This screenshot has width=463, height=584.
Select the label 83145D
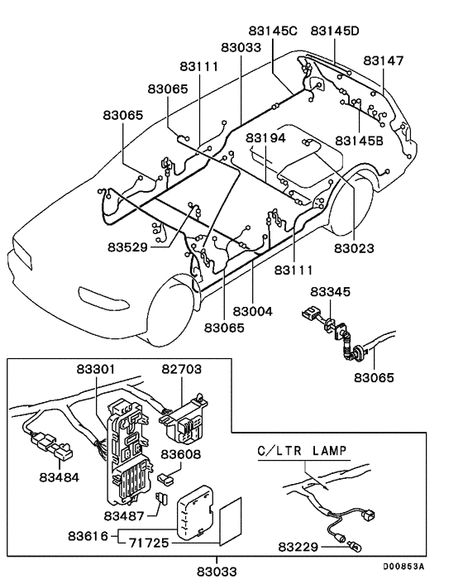[x=335, y=31]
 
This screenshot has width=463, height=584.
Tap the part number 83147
[x=384, y=61]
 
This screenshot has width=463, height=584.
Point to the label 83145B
[x=360, y=141]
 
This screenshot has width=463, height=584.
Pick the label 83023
[x=355, y=247]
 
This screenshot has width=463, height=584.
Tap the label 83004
[x=254, y=311]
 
